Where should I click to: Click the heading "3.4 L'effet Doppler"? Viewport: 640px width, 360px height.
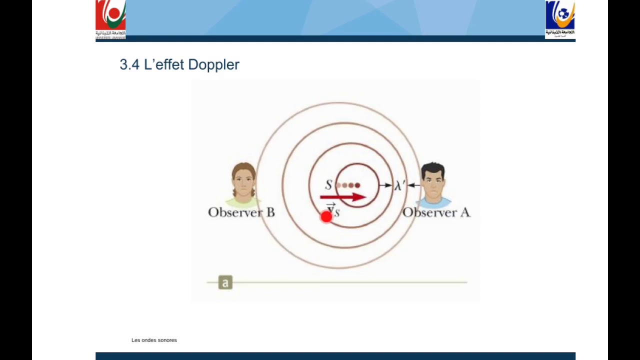[x=179, y=64]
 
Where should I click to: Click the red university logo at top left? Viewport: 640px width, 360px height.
[x=110, y=19]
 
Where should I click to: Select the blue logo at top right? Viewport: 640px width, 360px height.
[x=560, y=19]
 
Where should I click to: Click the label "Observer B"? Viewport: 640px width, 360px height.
[x=241, y=212]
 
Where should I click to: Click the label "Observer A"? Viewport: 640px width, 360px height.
[x=436, y=212]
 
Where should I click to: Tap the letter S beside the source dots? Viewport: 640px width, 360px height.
[x=328, y=185]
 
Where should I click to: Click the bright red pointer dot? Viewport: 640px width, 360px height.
[x=326, y=216]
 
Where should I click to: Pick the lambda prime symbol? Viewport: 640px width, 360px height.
[x=399, y=185]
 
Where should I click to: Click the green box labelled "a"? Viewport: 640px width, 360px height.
[x=225, y=283]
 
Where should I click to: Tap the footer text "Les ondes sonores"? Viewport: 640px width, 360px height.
[x=154, y=340]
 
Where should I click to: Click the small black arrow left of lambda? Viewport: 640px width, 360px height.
[x=385, y=185]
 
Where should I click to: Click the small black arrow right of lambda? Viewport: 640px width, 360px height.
[x=413, y=185]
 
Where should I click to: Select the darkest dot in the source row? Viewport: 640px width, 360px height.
[x=357, y=185]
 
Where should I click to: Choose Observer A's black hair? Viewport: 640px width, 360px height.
[x=433, y=169]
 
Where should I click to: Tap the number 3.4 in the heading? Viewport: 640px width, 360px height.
[x=129, y=64]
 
